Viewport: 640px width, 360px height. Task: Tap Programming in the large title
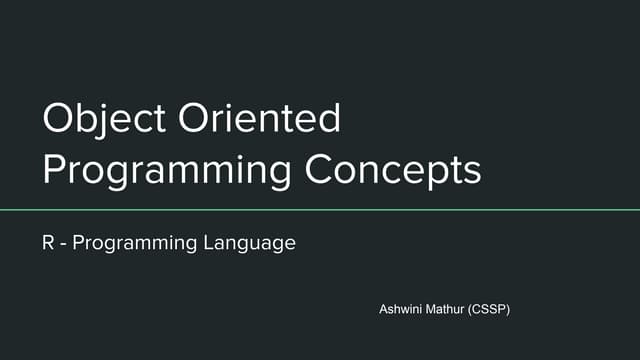(x=166, y=170)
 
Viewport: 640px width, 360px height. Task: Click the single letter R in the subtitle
(x=47, y=243)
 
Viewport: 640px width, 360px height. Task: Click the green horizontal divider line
(x=320, y=210)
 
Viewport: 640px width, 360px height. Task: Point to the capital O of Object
(x=58, y=120)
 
